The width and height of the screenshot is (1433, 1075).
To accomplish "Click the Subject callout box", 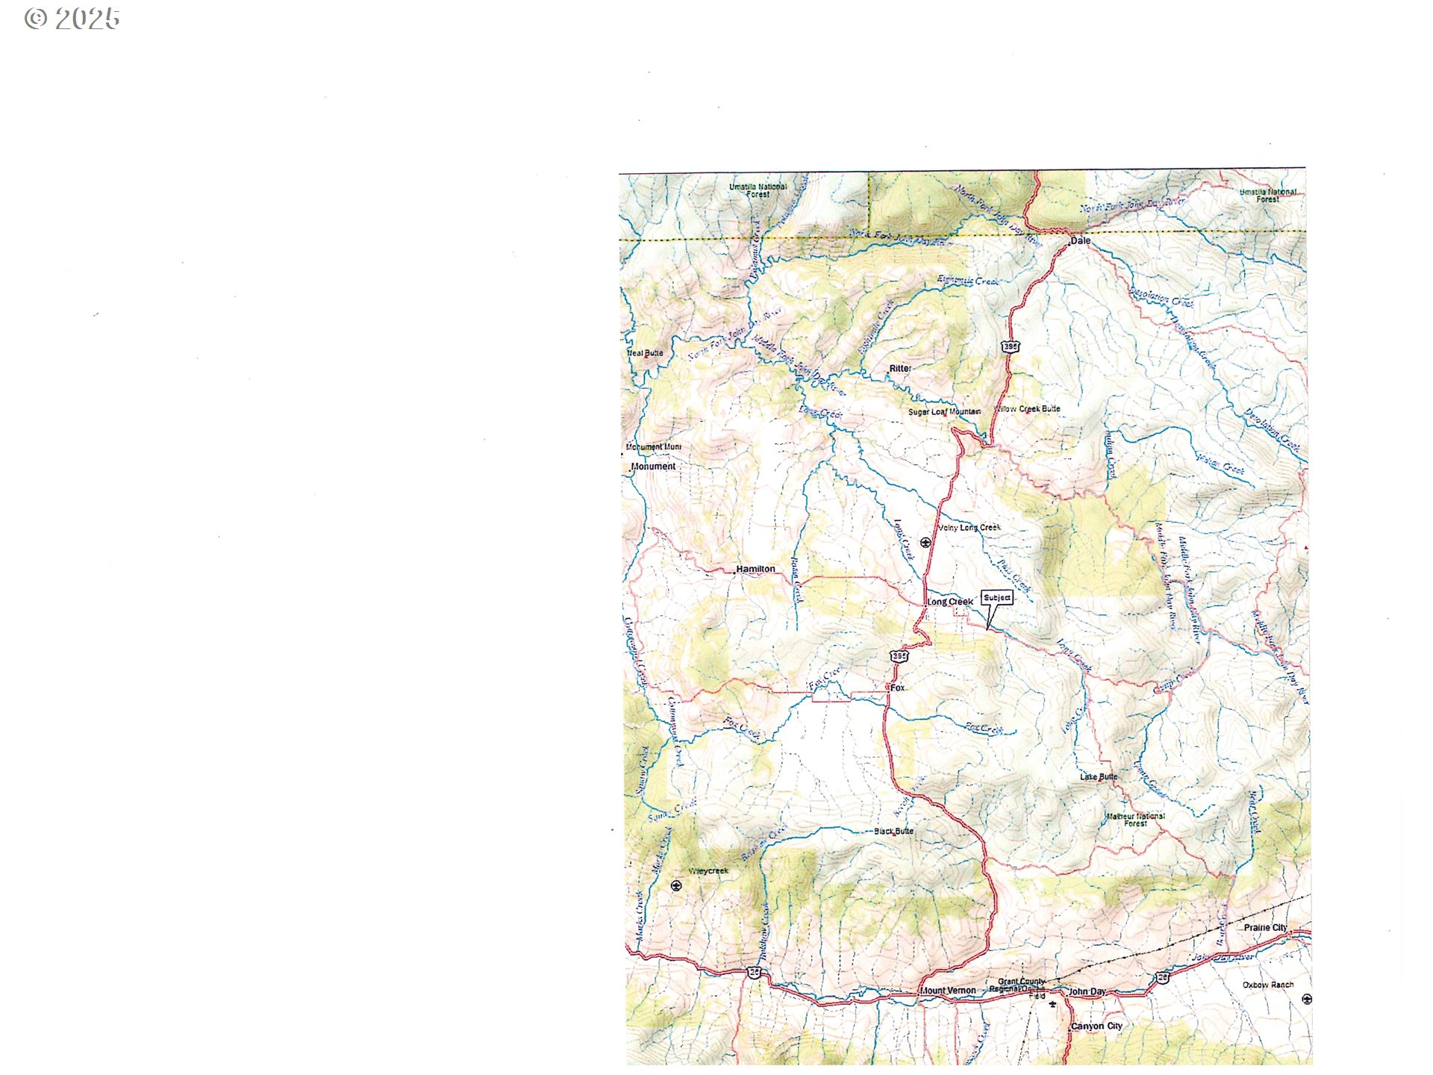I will pyautogui.click(x=997, y=597).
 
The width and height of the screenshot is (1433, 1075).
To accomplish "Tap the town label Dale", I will pyautogui.click(x=1080, y=240).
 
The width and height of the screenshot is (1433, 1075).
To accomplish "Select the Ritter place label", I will pyautogui.click(x=900, y=368).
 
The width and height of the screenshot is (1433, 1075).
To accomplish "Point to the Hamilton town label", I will pyautogui.click(x=755, y=569).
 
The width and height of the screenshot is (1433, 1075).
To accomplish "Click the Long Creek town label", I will pyautogui.click(x=950, y=602).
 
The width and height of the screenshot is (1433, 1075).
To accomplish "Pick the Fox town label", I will pyautogui.click(x=898, y=688).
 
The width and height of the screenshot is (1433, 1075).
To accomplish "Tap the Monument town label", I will pyautogui.click(x=653, y=467).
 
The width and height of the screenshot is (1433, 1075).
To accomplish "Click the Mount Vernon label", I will pyautogui.click(x=948, y=991).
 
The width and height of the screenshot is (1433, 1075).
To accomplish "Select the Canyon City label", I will pyautogui.click(x=1096, y=1026).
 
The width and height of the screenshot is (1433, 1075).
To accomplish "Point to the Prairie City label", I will pyautogui.click(x=1265, y=927).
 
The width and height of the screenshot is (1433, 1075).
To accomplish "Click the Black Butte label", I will pyautogui.click(x=893, y=831).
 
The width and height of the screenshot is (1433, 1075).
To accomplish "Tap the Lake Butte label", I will pyautogui.click(x=1099, y=777).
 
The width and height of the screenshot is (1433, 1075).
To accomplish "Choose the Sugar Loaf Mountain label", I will pyautogui.click(x=944, y=412).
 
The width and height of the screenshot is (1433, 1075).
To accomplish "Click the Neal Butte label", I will pyautogui.click(x=645, y=353).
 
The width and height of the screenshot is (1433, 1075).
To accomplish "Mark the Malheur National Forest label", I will pyautogui.click(x=1135, y=820).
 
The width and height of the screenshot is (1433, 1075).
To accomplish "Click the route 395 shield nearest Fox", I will pyautogui.click(x=899, y=656).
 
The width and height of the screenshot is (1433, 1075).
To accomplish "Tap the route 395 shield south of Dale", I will pyautogui.click(x=1010, y=346).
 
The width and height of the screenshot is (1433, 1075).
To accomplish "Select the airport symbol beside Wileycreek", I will pyautogui.click(x=676, y=885).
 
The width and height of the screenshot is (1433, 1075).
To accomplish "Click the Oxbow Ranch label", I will pyautogui.click(x=1268, y=985).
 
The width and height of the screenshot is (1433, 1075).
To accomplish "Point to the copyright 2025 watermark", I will pyautogui.click(x=72, y=19).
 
